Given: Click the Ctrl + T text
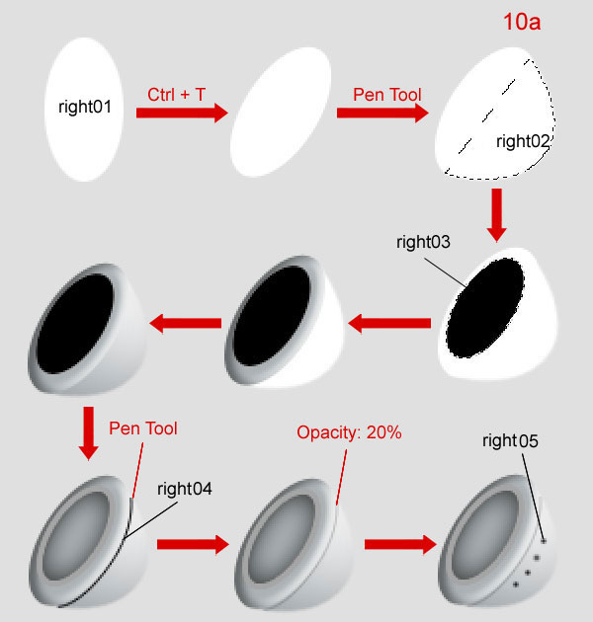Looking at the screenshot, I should [178, 95].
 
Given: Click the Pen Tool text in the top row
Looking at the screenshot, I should [387, 95].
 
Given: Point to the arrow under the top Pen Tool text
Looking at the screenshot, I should [381, 114].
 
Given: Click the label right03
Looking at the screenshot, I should [423, 242].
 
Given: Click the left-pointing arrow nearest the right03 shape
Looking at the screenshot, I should [390, 323].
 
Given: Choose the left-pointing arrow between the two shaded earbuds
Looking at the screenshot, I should [185, 323].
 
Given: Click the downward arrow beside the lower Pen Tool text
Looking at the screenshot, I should [88, 433].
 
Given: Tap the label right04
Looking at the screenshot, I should [185, 488].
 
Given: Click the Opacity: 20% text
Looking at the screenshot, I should [349, 432].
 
